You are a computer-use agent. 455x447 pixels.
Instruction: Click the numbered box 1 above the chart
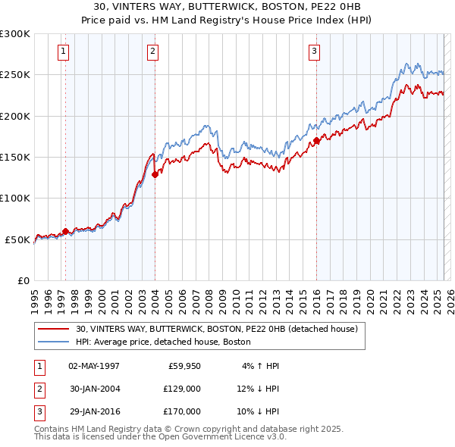point(62,52)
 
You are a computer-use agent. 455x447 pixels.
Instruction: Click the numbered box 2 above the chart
point(152,52)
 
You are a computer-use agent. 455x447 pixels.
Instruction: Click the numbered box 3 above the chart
point(314,52)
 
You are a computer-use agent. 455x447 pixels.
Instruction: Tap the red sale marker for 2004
point(155,174)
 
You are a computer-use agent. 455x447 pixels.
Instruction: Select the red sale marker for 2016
point(316,141)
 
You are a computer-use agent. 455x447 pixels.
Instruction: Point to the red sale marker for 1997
point(65,231)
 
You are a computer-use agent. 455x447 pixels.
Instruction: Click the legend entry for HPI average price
point(163,342)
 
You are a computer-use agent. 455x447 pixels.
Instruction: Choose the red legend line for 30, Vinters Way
point(53,329)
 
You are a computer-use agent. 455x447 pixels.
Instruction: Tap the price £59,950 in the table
point(184,366)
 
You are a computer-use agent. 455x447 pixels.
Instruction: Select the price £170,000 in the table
point(181,411)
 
